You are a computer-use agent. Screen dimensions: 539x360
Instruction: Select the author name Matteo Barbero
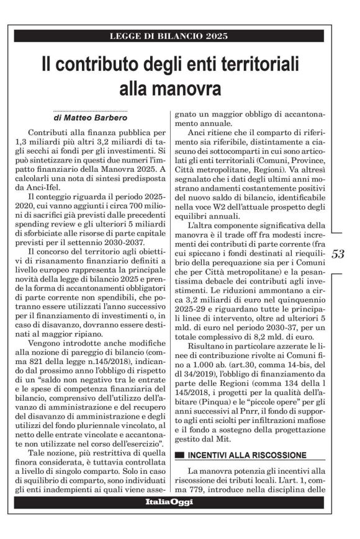click(94, 117)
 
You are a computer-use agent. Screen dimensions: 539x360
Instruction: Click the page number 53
click(338, 254)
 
